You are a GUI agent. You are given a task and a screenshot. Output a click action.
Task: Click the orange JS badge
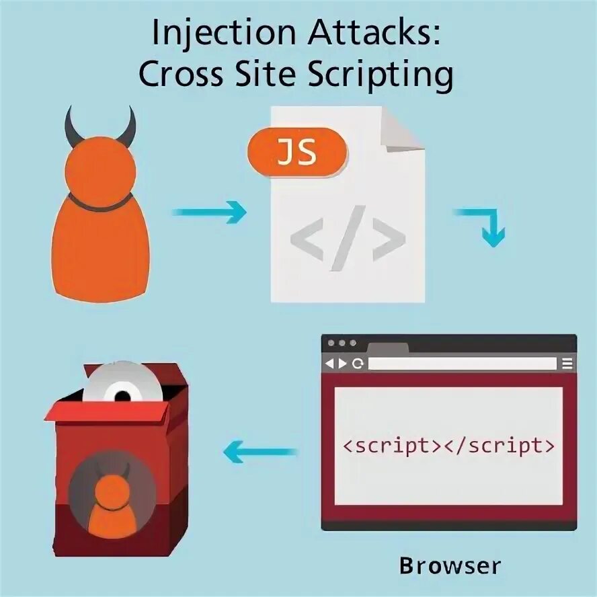coord(298,153)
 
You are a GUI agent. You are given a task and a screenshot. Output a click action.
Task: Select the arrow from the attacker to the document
coord(209,214)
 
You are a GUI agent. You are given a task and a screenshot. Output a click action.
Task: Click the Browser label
coord(450,565)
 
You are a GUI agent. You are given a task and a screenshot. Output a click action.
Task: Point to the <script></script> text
coord(449,445)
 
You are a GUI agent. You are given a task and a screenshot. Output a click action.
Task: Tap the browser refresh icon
coord(358,364)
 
